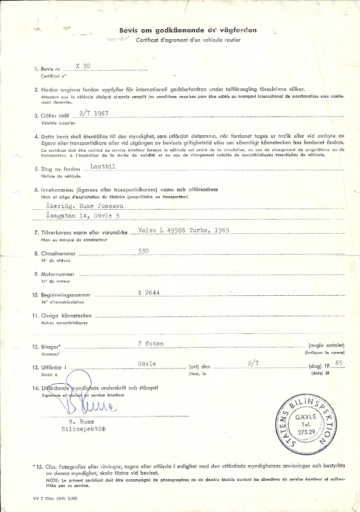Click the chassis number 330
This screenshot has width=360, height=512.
point(143,250)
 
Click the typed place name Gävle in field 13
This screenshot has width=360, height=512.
point(146,363)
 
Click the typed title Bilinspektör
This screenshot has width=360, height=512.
point(82,428)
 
